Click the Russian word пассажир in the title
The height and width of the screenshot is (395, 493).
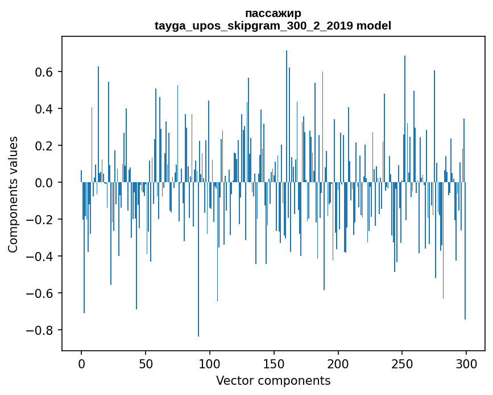pos(273,13)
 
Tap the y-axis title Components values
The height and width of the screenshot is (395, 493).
pos(13,194)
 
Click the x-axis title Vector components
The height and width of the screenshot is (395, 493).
pos(273,380)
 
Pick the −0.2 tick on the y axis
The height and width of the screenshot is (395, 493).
pos(41,220)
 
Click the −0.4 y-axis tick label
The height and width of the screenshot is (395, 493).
pos(41,257)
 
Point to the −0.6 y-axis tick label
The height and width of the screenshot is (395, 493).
pos(41,293)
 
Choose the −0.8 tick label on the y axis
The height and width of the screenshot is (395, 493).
pos(41,330)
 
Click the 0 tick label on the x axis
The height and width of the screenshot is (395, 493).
pos(81,363)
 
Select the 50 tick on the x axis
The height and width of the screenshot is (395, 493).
pos(146,363)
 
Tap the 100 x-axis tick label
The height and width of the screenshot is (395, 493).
pos(210,363)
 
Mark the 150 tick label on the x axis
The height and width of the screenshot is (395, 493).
pos(274,363)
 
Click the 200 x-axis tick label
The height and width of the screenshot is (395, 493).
pos(338,363)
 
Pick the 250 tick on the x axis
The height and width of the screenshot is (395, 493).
pos(402,363)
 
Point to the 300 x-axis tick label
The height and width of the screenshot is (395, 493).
pos(466,363)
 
